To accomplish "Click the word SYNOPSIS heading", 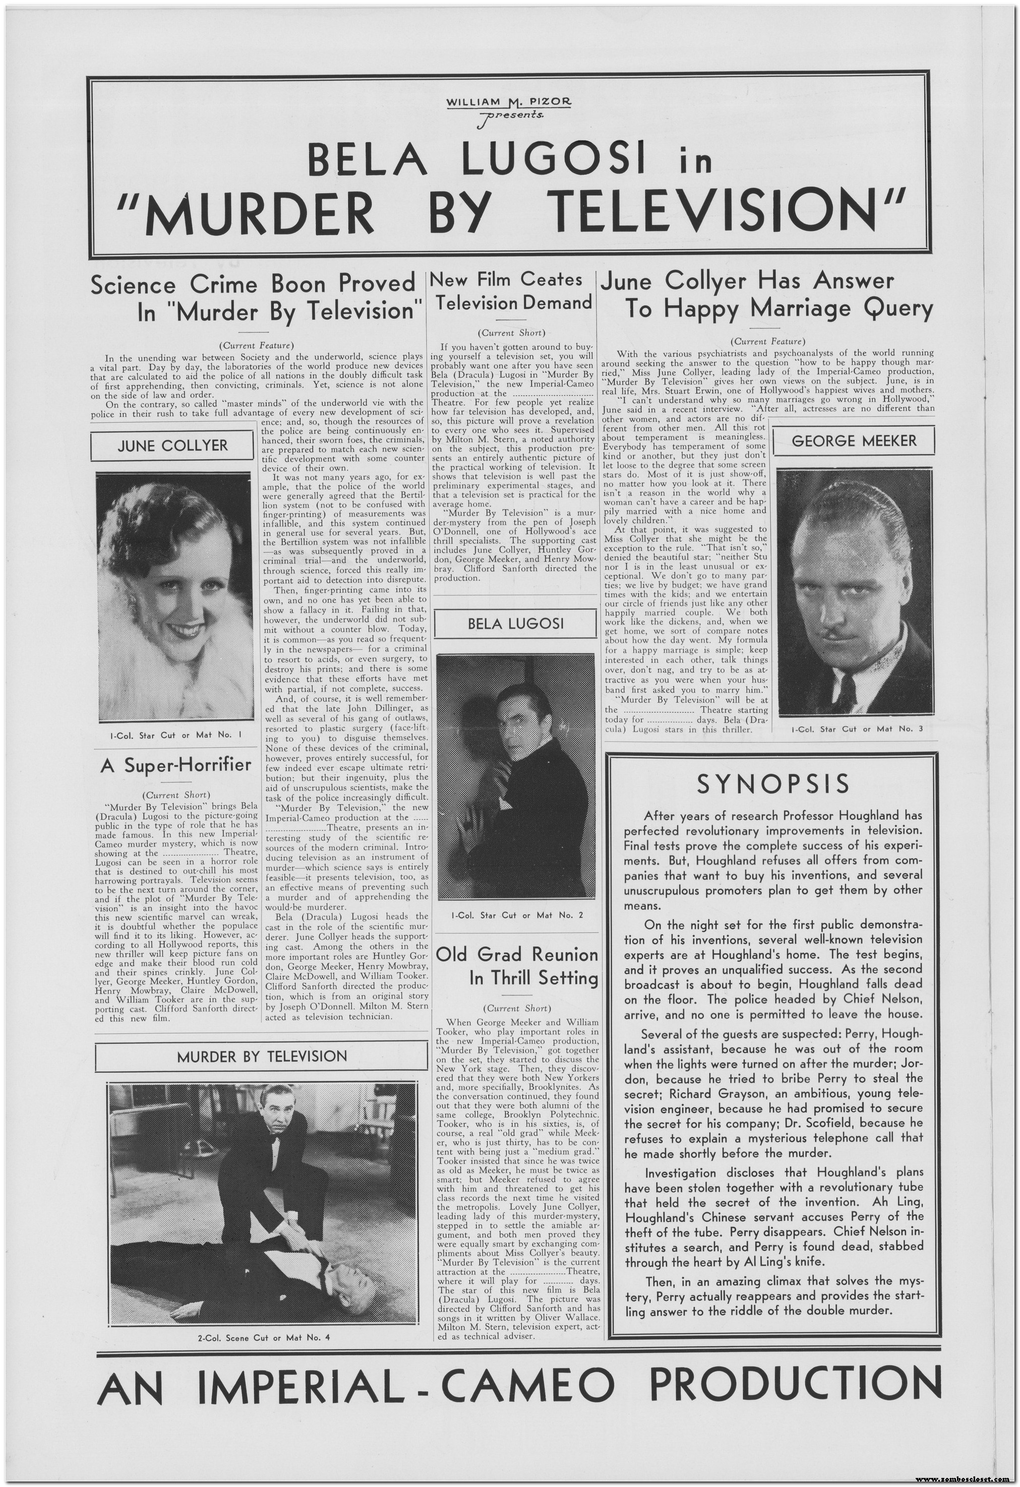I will [x=773, y=783].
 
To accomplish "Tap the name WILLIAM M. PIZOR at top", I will [x=509, y=102].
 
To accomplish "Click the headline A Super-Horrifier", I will [x=176, y=766].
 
